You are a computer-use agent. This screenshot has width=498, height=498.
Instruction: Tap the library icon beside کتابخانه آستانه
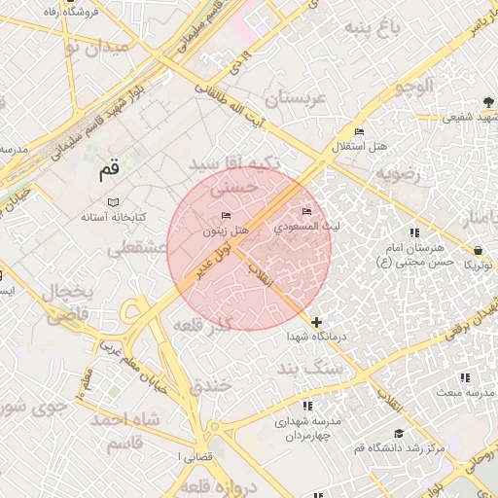tap(113, 201)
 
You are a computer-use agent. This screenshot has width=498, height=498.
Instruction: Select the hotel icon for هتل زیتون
tap(227, 215)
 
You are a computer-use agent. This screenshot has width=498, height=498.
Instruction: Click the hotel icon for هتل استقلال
tap(359, 132)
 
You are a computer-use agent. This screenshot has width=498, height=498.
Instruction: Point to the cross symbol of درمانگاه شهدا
tap(316, 321)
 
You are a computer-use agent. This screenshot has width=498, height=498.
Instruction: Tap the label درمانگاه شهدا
tap(311, 337)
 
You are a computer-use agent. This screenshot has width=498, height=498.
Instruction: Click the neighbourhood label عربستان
tap(279, 98)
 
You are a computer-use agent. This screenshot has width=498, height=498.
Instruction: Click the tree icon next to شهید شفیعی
tap(488, 103)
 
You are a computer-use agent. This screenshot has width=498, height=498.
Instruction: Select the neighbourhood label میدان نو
tap(93, 47)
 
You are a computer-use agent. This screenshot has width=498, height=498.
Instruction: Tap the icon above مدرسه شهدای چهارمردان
tap(308, 406)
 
